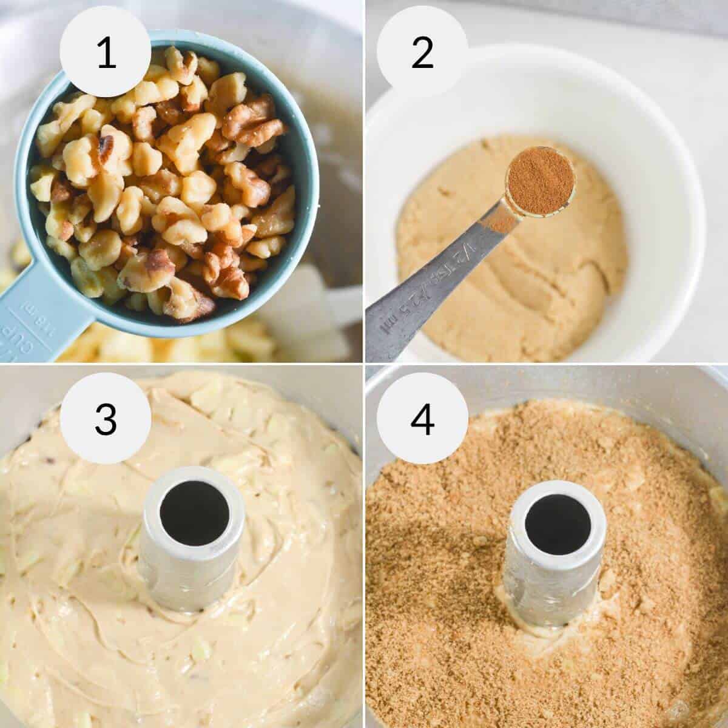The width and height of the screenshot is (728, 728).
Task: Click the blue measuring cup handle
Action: click(36, 322)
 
